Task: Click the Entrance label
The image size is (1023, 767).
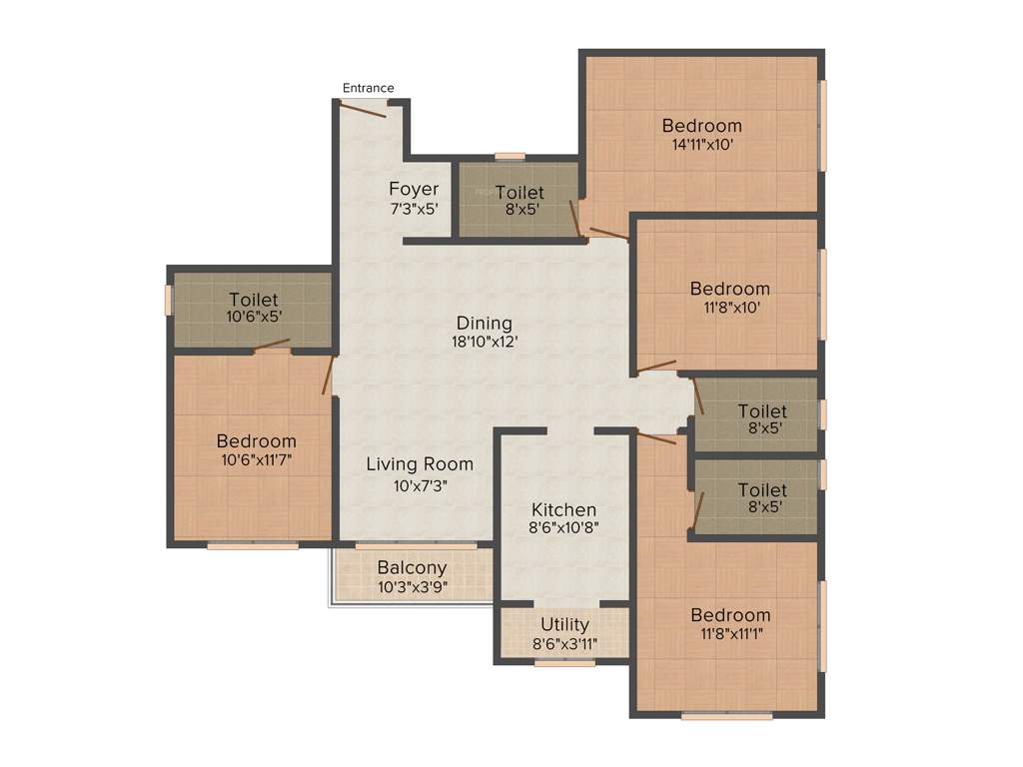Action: coord(368,88)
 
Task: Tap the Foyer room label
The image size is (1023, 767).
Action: coord(414,190)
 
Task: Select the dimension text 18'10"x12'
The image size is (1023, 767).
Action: coord(484,342)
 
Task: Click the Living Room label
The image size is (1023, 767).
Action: coord(420,463)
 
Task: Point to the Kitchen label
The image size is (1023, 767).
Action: coord(563,509)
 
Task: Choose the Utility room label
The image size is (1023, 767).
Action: coord(564,624)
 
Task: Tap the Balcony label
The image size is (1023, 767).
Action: coord(412,568)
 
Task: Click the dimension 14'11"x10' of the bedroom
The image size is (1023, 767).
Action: coord(701,144)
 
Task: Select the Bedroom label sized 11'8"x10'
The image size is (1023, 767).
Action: coord(729,289)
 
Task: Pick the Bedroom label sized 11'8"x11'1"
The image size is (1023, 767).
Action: coord(729,614)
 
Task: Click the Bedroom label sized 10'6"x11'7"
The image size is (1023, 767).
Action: coord(256,440)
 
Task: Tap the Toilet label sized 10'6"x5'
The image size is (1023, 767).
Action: coord(253,300)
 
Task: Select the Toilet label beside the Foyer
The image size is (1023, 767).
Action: coord(519,192)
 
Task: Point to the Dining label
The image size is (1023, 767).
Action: coord(484,323)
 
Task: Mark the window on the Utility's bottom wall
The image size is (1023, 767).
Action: coord(564,661)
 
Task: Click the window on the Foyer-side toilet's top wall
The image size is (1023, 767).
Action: coord(510,156)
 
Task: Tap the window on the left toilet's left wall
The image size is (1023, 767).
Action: coord(170,300)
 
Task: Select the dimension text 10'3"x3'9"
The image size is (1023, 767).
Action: coord(412,587)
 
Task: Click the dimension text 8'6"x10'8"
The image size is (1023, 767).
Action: coord(563,528)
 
